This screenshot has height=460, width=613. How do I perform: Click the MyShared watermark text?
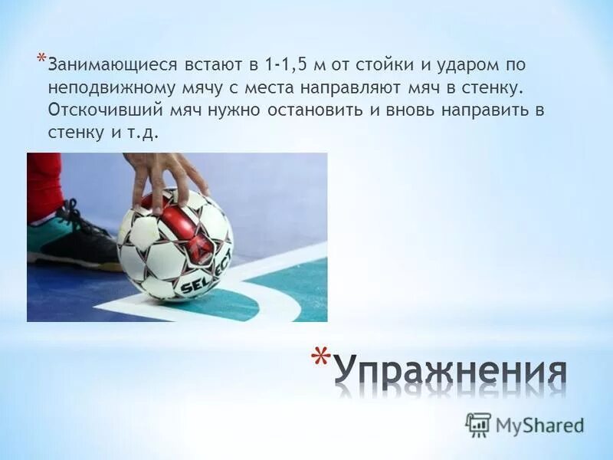tap(539, 423)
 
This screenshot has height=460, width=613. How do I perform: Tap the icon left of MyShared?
tap(478, 423)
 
